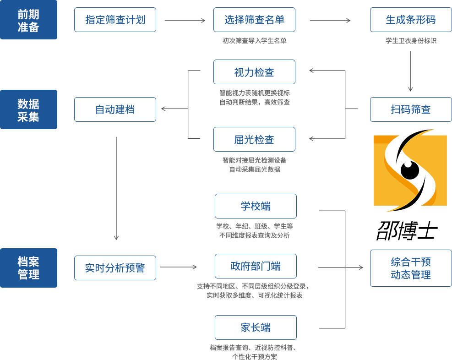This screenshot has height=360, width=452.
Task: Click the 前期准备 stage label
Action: pos(28,20)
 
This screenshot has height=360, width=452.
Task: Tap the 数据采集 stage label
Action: pos(28,109)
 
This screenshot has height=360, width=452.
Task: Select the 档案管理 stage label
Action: pos(28,268)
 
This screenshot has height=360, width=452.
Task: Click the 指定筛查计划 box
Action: pos(115,20)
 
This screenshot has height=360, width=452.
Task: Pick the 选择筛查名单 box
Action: pos(254,20)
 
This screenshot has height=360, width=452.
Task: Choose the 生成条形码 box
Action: pos(411,20)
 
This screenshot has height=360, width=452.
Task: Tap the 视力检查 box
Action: pos(254,72)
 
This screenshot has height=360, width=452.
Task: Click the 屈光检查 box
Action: pos(254,139)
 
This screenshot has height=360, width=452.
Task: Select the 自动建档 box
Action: pos(115,109)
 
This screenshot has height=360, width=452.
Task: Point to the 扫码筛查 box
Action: pos(411,109)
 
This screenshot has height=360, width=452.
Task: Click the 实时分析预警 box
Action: pos(115,268)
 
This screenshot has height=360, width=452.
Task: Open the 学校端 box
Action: pos(256,206)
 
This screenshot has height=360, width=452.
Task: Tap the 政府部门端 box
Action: pos(256,266)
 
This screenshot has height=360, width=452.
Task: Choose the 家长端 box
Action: pos(256,327)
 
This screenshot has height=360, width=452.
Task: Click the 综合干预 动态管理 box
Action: pos(411,268)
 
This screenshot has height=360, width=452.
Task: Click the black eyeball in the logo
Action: pos(410,170)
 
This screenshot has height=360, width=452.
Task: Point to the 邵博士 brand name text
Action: pos(407,230)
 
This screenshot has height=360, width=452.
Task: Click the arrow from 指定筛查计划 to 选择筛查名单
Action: pos(185,21)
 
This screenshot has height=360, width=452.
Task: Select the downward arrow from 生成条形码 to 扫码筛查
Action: pos(410,71)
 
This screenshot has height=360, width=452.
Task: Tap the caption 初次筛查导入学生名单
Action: pos(254,41)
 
